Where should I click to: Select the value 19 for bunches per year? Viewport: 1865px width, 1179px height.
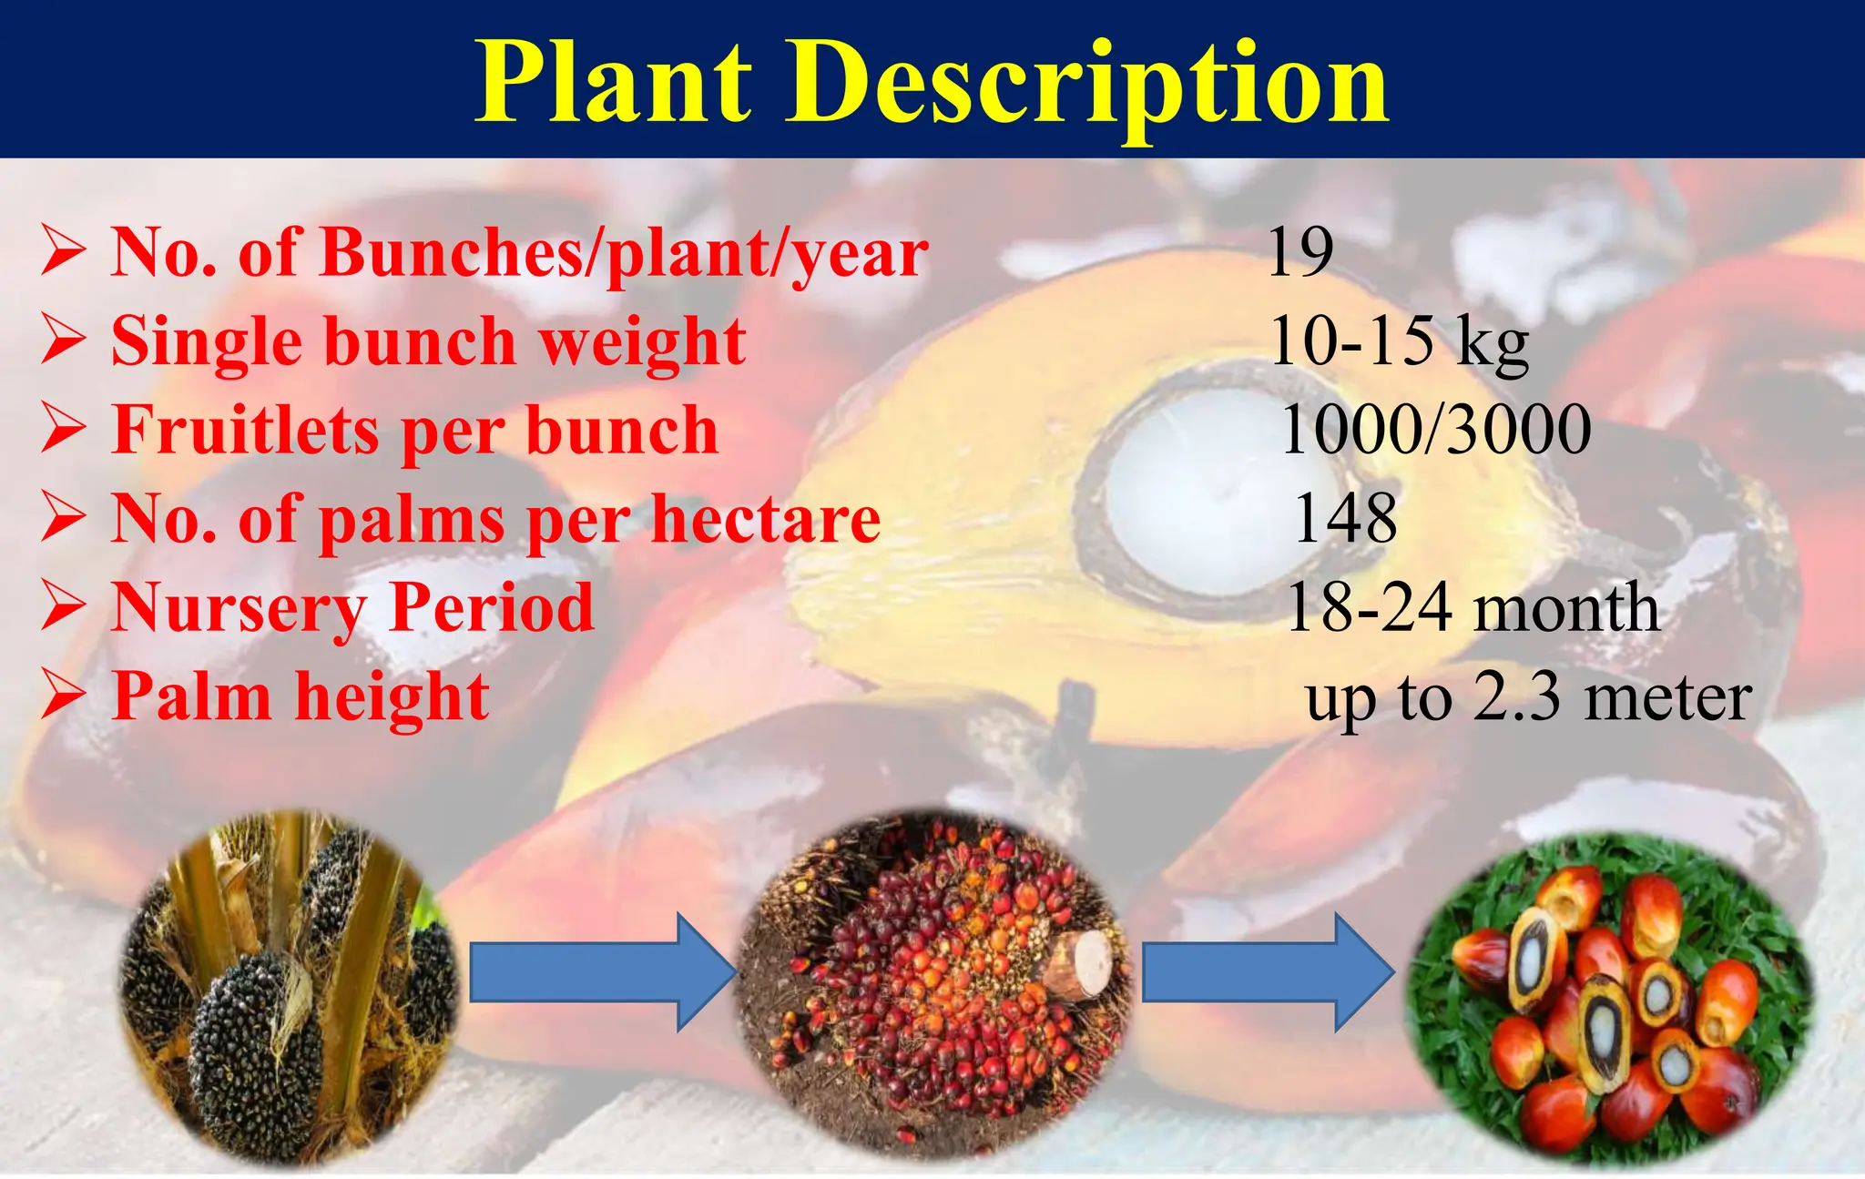(x=1300, y=252)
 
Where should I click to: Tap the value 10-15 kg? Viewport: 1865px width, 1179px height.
(x=1399, y=341)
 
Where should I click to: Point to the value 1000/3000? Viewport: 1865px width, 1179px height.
(x=1436, y=430)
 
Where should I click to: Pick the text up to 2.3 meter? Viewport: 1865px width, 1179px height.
(x=1528, y=698)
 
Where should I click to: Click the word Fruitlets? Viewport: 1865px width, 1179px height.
(x=244, y=430)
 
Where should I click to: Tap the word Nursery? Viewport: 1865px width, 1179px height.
(x=239, y=608)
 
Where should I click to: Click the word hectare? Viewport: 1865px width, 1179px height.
(x=766, y=519)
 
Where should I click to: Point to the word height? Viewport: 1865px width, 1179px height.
(x=392, y=696)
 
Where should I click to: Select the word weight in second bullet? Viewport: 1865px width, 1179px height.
(x=642, y=341)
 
